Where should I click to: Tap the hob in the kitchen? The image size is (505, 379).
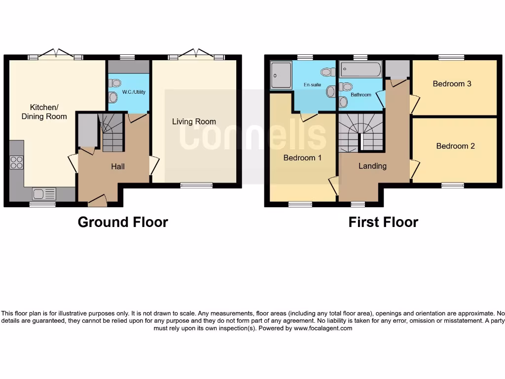pos(16,162)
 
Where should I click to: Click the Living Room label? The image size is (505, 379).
pos(194,121)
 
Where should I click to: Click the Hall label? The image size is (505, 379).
pos(117,167)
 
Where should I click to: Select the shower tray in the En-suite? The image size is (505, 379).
pos(281,76)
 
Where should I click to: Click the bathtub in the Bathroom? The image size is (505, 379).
pos(361,70)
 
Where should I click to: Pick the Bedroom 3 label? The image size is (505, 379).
pos(452,84)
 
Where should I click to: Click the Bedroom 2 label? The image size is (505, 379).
pos(455,146)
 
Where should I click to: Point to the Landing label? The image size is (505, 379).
pos(372,166)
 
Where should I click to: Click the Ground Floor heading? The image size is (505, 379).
pos(123,222)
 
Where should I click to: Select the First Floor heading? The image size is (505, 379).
pos(383,222)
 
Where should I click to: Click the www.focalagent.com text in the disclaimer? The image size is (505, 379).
pos(323,328)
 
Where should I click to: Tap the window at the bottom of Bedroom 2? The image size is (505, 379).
pos(452,186)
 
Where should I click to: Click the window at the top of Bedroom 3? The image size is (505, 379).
pos(451,57)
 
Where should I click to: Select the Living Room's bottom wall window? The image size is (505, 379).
pos(196,186)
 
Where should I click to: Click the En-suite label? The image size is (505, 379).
pos(312,85)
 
